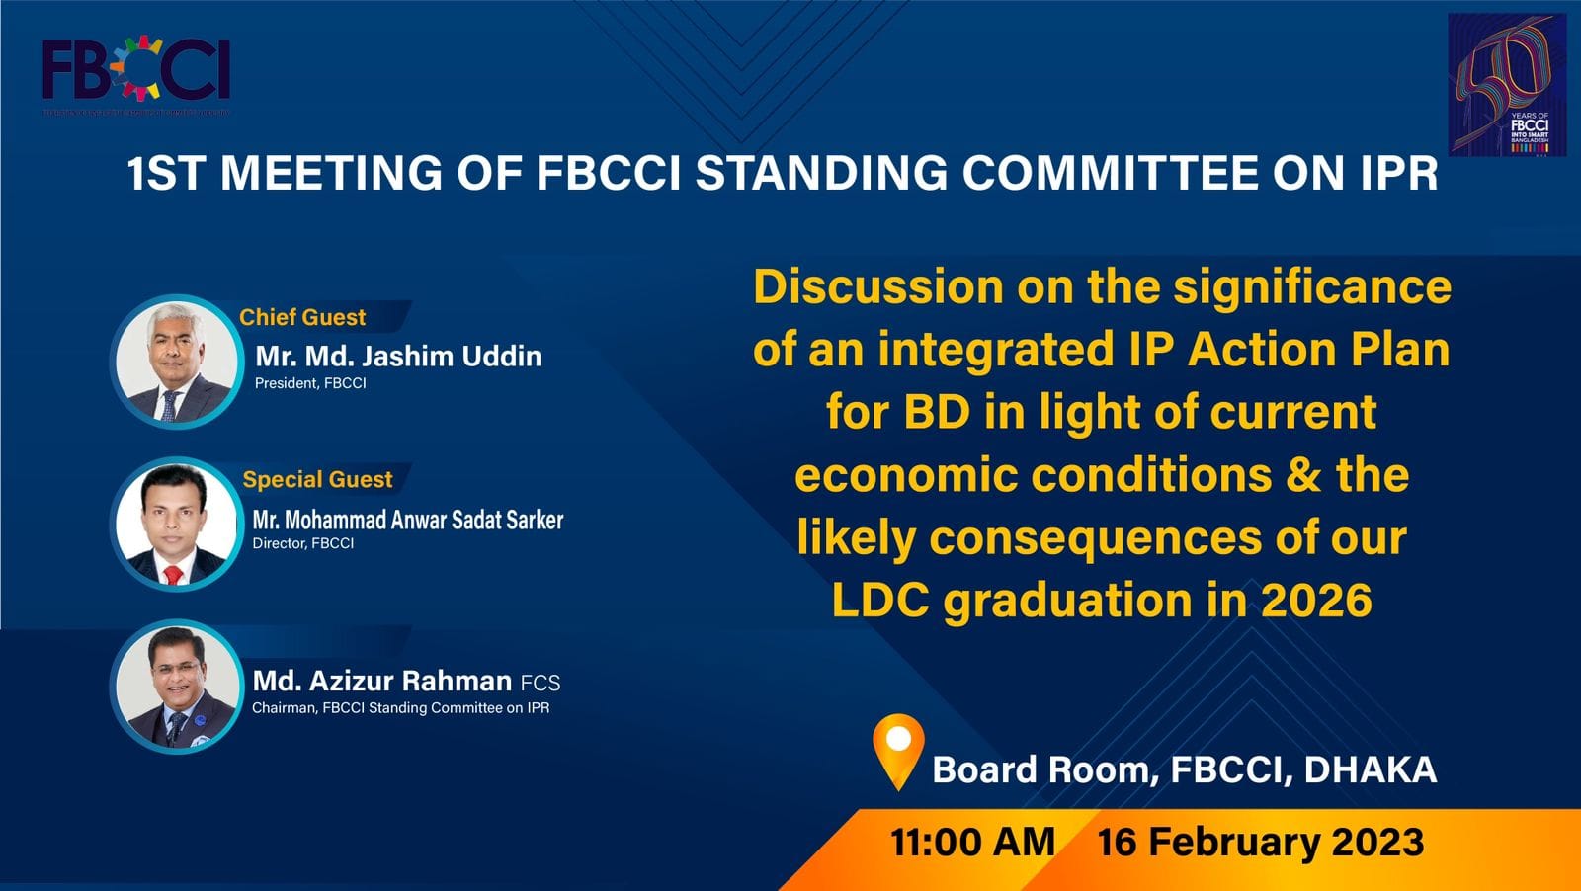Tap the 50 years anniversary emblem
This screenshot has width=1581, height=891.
tap(1507, 86)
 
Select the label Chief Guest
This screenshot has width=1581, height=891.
tap(302, 317)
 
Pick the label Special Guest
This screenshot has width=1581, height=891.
tap(317, 479)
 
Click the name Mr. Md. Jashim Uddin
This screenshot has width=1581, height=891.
tap(398, 356)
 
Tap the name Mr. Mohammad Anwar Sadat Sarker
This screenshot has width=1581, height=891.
tap(407, 520)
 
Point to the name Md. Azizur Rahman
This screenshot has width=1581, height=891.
tap(381, 681)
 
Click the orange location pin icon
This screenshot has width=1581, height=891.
tap(898, 748)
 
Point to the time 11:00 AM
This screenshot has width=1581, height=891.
tap(972, 842)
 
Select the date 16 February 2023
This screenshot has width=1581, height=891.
tap(1261, 842)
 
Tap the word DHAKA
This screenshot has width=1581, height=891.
tap(1370, 769)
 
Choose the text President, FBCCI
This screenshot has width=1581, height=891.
tap(310, 383)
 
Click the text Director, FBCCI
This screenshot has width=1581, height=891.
tap(302, 543)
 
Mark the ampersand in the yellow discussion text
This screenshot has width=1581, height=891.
tap(1303, 475)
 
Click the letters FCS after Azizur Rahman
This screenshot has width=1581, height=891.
tap(541, 683)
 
